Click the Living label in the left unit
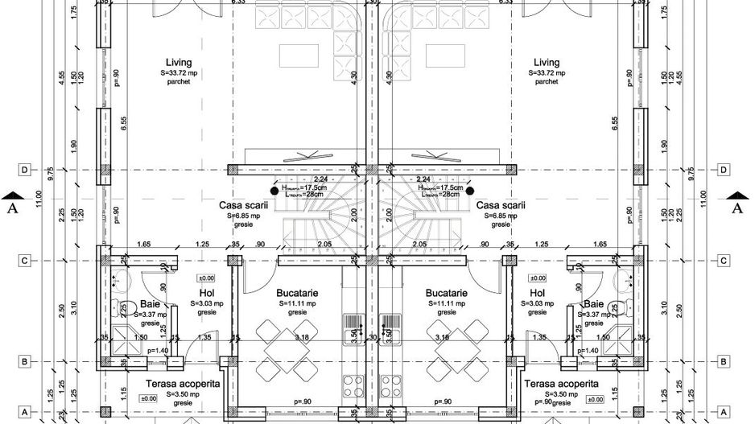178,63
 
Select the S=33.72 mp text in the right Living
547,72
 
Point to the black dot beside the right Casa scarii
468,191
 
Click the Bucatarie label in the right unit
446,294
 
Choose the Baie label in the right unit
593,304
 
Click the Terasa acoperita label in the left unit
183,385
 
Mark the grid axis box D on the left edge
25,170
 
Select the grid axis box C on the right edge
724,260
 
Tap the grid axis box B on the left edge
25,362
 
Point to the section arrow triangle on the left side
10,195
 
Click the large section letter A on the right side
736,208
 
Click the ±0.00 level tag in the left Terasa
148,398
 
